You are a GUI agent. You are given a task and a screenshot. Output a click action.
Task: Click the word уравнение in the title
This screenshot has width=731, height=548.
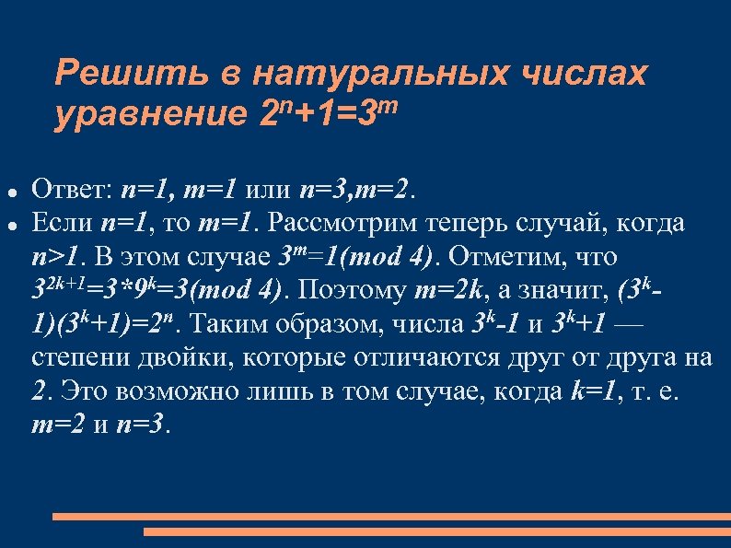pyautogui.click(x=146, y=115)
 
